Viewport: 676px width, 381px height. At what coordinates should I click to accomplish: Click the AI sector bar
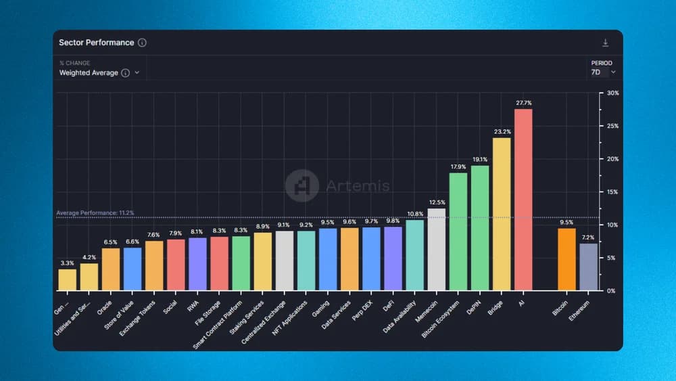pyautogui.click(x=523, y=200)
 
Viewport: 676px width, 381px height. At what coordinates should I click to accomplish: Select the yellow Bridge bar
pyautogui.click(x=502, y=214)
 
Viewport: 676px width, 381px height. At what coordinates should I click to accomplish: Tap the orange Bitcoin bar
pyautogui.click(x=566, y=259)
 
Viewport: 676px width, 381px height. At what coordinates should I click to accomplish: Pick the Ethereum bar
pyautogui.click(x=588, y=267)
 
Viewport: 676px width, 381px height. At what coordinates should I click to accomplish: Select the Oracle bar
pyautogui.click(x=111, y=269)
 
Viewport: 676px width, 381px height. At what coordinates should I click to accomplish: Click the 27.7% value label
pyautogui.click(x=523, y=103)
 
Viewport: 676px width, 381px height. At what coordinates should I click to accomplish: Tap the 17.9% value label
pyautogui.click(x=458, y=167)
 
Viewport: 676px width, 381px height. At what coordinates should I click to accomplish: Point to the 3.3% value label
pyautogui.click(x=68, y=263)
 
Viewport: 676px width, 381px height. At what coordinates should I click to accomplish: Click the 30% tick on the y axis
pyautogui.click(x=612, y=93)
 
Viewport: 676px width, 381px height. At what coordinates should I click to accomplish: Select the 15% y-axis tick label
pyautogui.click(x=612, y=192)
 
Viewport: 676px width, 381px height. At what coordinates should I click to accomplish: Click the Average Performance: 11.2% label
pyautogui.click(x=95, y=213)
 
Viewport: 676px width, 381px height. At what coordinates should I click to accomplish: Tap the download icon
pyautogui.click(x=606, y=43)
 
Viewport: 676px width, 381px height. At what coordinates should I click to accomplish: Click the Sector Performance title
pyautogui.click(x=96, y=43)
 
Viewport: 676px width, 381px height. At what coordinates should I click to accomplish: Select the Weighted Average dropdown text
pyautogui.click(x=89, y=72)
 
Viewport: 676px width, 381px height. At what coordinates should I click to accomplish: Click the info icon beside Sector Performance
pyautogui.click(x=142, y=43)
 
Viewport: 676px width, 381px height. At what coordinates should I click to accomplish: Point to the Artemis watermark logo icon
pyautogui.click(x=301, y=185)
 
